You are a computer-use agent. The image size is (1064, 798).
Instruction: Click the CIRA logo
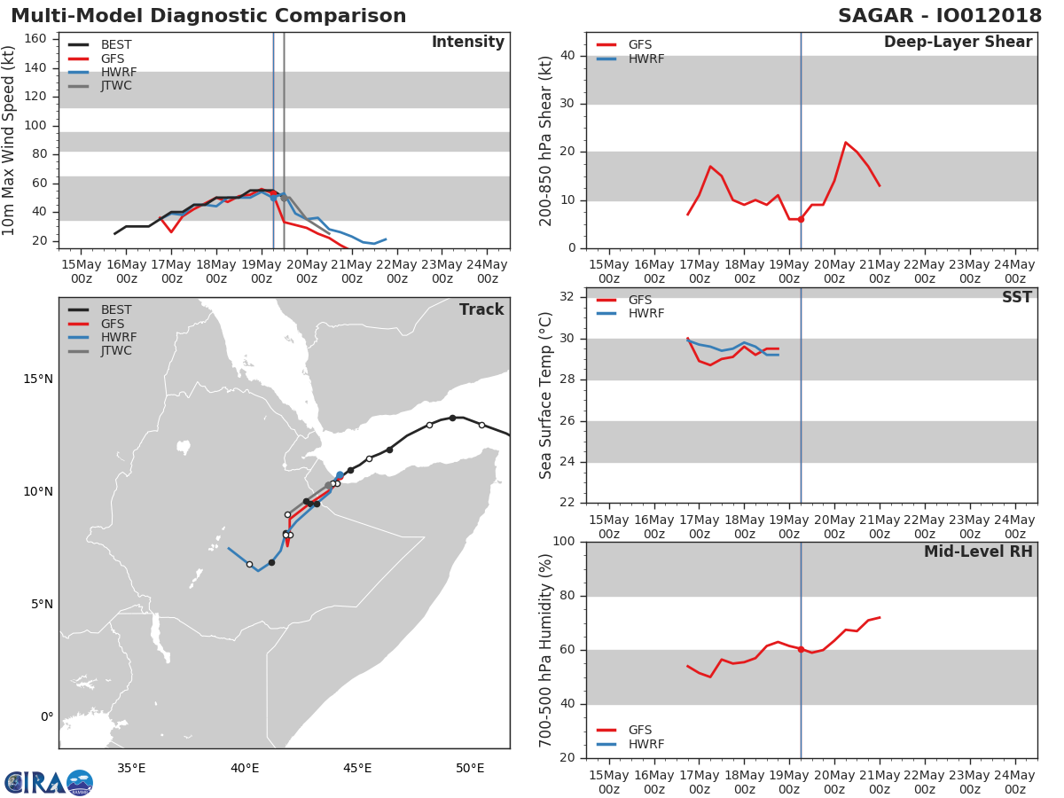click(x=49, y=782)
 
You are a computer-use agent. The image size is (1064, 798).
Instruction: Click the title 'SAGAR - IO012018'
click(x=939, y=16)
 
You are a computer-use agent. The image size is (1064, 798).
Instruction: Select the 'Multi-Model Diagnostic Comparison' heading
click(x=208, y=16)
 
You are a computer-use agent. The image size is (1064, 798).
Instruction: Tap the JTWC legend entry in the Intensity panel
click(x=100, y=86)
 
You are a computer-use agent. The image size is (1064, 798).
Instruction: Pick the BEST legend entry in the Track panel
click(x=100, y=309)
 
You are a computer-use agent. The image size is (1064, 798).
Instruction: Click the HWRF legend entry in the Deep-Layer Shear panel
click(x=630, y=59)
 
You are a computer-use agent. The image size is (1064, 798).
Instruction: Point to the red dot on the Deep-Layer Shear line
click(x=801, y=220)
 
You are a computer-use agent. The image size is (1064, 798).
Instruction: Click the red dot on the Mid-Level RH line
click(x=801, y=649)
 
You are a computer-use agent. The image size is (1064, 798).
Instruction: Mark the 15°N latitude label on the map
click(x=38, y=379)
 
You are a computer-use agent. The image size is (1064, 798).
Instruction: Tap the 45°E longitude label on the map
click(x=357, y=768)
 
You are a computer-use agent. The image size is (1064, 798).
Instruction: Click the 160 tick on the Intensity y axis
click(x=35, y=39)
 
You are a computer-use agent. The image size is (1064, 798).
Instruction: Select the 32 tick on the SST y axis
click(x=567, y=296)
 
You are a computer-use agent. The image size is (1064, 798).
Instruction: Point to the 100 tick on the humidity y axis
click(x=564, y=541)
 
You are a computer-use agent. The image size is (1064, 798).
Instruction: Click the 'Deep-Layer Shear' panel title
click(x=958, y=43)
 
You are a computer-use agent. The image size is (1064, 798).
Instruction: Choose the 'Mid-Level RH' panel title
click(x=978, y=552)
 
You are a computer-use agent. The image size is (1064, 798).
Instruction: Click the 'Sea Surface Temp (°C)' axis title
click(x=545, y=395)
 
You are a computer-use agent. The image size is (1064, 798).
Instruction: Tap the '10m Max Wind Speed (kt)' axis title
click(x=8, y=140)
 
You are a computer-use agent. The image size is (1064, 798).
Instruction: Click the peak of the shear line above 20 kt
click(x=845, y=142)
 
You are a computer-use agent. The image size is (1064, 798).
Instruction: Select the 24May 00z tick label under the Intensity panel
click(x=487, y=272)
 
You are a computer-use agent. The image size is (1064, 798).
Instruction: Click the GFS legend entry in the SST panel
click(x=624, y=300)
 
